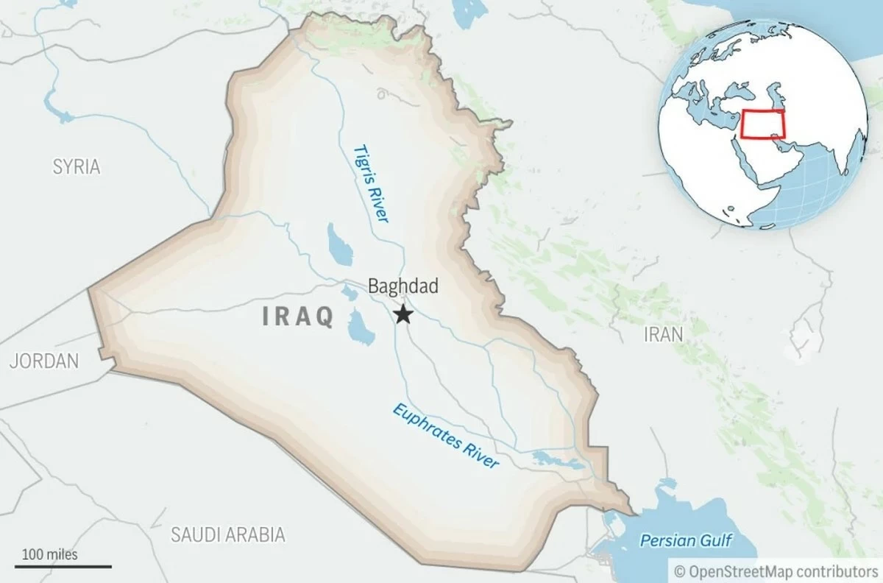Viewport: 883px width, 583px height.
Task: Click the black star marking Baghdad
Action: pyautogui.click(x=403, y=315)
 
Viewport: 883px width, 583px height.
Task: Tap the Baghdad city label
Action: pyautogui.click(x=403, y=286)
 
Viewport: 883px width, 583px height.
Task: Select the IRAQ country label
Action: pyautogui.click(x=298, y=317)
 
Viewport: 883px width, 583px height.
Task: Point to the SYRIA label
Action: pyautogui.click(x=76, y=166)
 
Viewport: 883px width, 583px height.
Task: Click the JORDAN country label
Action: pyautogui.click(x=44, y=361)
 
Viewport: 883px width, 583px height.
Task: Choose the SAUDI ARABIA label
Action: pyautogui.click(x=227, y=534)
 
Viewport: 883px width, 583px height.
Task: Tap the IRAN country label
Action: pyautogui.click(x=663, y=334)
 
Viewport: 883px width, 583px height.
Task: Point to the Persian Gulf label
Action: pyautogui.click(x=686, y=541)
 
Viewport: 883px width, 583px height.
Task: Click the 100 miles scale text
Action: pyautogui.click(x=49, y=554)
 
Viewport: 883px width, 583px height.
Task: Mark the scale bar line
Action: pyautogui.click(x=66, y=566)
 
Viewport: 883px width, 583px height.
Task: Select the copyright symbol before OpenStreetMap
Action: pyautogui.click(x=679, y=570)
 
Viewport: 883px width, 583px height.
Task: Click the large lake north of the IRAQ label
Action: pyautogui.click(x=338, y=244)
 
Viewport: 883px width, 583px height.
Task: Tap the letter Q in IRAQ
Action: pyautogui.click(x=324, y=317)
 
